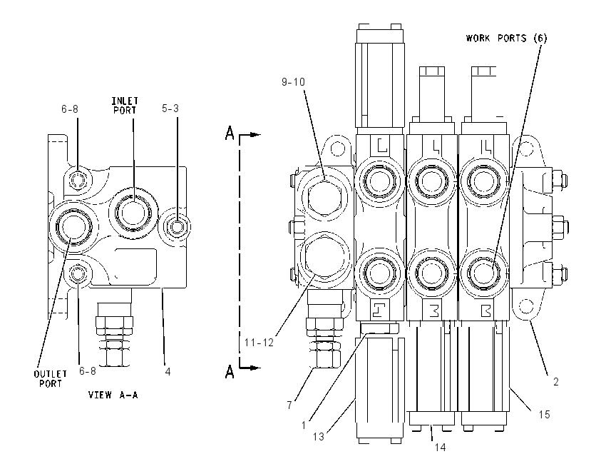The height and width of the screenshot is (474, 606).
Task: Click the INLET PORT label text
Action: click(x=125, y=106)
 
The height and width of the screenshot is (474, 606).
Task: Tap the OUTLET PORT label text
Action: click(x=50, y=379)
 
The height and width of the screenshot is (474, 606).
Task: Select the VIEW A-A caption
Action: click(x=113, y=395)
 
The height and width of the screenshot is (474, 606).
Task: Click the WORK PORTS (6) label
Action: click(x=506, y=38)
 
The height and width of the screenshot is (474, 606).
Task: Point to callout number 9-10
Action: click(x=293, y=82)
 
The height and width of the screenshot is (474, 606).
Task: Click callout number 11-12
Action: click(x=259, y=343)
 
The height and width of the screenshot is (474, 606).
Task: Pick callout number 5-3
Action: click(x=170, y=109)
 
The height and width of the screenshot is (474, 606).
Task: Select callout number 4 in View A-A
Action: click(x=168, y=372)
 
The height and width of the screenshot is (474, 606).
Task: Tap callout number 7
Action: click(x=289, y=405)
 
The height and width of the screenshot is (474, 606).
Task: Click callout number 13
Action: click(x=319, y=437)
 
